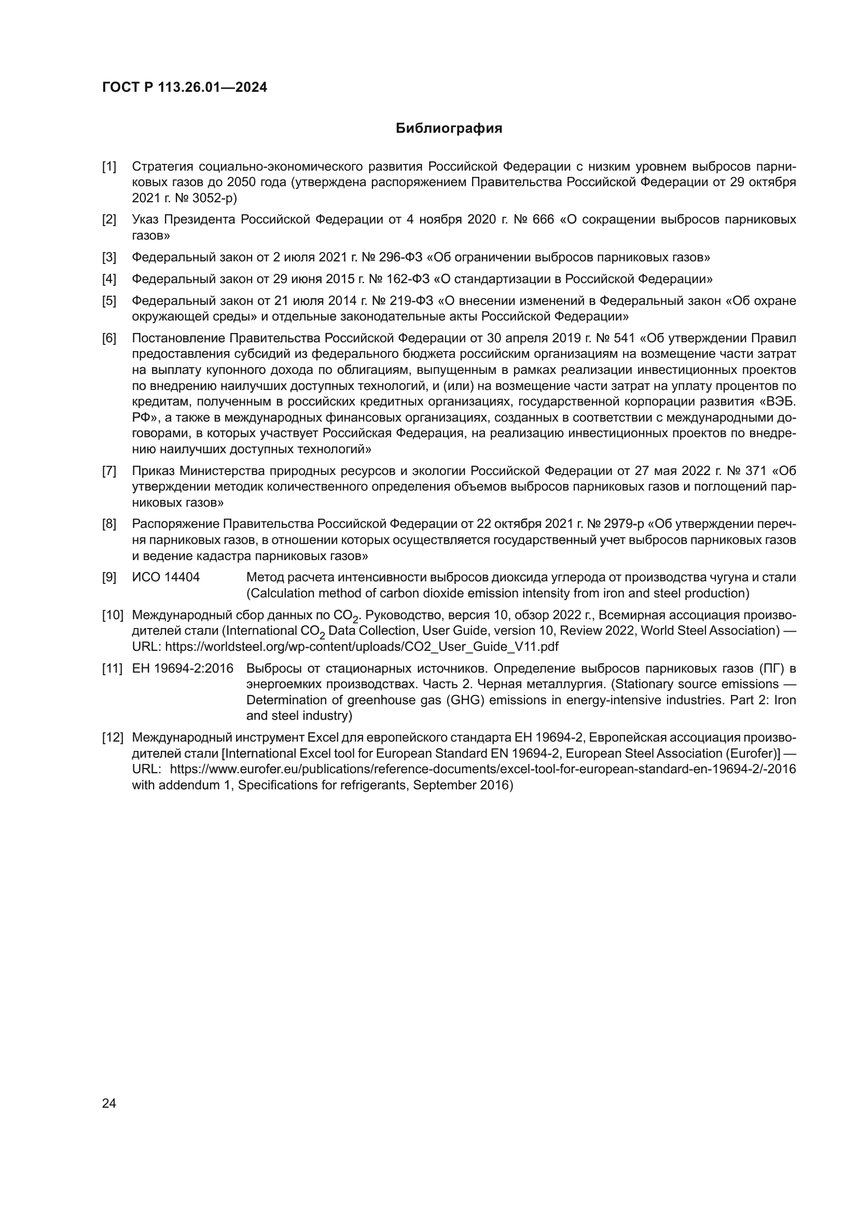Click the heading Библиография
(x=449, y=129)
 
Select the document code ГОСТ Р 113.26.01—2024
(x=184, y=87)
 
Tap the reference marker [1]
(x=109, y=167)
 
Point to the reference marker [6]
(x=109, y=338)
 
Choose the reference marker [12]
(x=113, y=737)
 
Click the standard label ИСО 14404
(x=166, y=577)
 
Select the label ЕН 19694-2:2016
(x=183, y=668)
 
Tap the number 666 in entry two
(x=543, y=219)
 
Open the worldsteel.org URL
(x=362, y=646)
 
